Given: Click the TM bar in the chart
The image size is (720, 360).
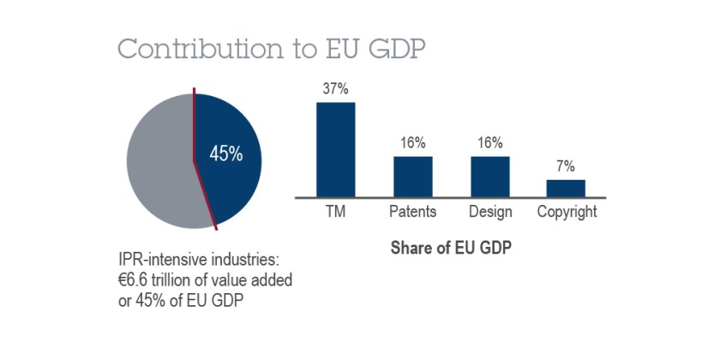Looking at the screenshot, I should (335, 149).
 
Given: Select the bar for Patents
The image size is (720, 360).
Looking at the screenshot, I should (413, 176).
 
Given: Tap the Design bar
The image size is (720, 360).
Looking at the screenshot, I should (490, 176).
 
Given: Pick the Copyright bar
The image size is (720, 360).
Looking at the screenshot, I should (566, 188).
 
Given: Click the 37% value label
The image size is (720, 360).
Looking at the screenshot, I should (335, 89).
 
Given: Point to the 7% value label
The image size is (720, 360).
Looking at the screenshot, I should (566, 166).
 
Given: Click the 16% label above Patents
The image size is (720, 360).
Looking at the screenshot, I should (413, 143).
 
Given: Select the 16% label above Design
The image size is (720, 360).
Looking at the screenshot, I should (490, 143).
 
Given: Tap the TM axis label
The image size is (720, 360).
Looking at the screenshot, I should (335, 212).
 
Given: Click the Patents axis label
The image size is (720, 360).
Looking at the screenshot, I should (413, 212).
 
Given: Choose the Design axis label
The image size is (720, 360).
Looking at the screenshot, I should (490, 212).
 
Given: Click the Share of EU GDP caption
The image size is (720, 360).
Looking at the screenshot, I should (452, 249).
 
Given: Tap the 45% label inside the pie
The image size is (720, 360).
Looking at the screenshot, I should (226, 155).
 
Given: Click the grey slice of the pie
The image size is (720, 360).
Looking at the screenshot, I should (159, 159).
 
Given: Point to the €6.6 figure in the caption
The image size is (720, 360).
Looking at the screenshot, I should (135, 279).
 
